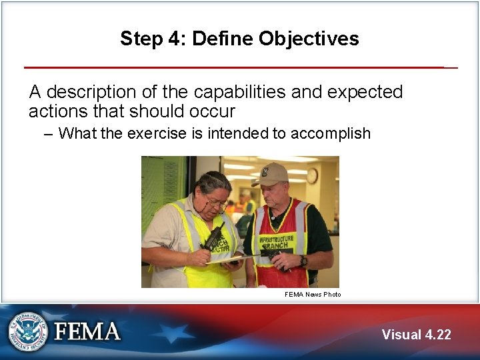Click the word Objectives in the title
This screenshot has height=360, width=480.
point(309,39)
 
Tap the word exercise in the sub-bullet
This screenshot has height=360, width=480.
point(157,133)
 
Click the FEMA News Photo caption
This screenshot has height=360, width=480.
point(313,294)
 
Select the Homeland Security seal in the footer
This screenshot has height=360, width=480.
point(27,331)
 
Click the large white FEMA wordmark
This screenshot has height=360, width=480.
point(87,331)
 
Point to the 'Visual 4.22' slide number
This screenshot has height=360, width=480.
point(416,335)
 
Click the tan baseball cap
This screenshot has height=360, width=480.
point(270,175)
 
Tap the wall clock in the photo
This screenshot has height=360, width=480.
point(311,175)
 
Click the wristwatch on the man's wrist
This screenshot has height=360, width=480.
point(303,261)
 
